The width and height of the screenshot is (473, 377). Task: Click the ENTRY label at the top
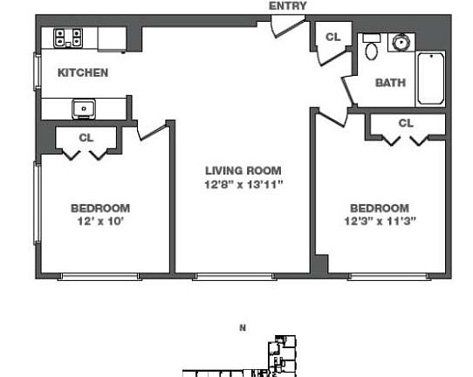coord(287,6)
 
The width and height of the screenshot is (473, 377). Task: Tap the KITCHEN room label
coord(83,72)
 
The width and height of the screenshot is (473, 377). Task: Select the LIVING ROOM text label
coord(243,171)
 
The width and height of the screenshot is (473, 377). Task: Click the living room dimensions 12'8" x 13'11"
coord(243,184)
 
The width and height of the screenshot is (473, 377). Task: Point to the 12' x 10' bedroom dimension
coord(100,222)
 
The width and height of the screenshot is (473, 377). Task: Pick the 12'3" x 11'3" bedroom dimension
coord(380,222)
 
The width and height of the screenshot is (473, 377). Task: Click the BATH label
coord(390,83)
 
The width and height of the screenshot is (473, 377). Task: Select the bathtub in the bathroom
coord(431,79)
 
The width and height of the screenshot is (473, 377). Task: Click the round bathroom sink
coord(401,43)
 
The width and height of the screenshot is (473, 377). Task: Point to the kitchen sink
coord(84,109)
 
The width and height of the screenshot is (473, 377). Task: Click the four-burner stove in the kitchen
coord(68,38)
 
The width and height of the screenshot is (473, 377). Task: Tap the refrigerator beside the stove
coord(112,39)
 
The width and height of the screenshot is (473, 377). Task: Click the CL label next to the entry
coord(333,38)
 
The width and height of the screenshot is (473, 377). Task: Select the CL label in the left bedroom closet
coord(86,138)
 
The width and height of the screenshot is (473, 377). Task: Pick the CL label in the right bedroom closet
coord(406,123)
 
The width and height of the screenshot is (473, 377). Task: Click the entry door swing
coord(287,26)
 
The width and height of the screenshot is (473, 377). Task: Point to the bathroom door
coord(347,91)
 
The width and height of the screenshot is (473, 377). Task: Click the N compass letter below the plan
coord(243,327)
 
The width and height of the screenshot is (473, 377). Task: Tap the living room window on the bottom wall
coord(235,277)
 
